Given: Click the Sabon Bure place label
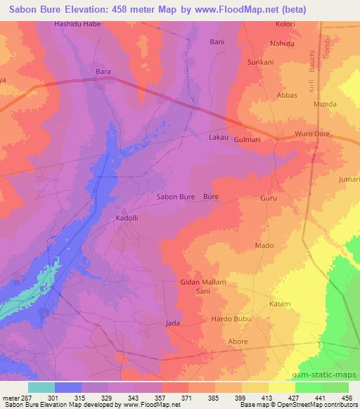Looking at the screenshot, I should pos(175,197).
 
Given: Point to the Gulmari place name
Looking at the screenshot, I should pos(247,140).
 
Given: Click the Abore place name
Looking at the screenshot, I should pos(238,342).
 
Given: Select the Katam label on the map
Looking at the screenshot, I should pos(280,304).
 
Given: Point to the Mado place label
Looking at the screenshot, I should pos(264,245).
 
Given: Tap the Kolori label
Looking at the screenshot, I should pos(285,24).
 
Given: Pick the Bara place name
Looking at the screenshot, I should pos(103,72).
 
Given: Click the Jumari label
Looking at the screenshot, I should pos(349,180).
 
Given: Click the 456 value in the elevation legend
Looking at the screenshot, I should pos(345,397).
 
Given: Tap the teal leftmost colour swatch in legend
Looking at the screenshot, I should pos(41,387).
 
